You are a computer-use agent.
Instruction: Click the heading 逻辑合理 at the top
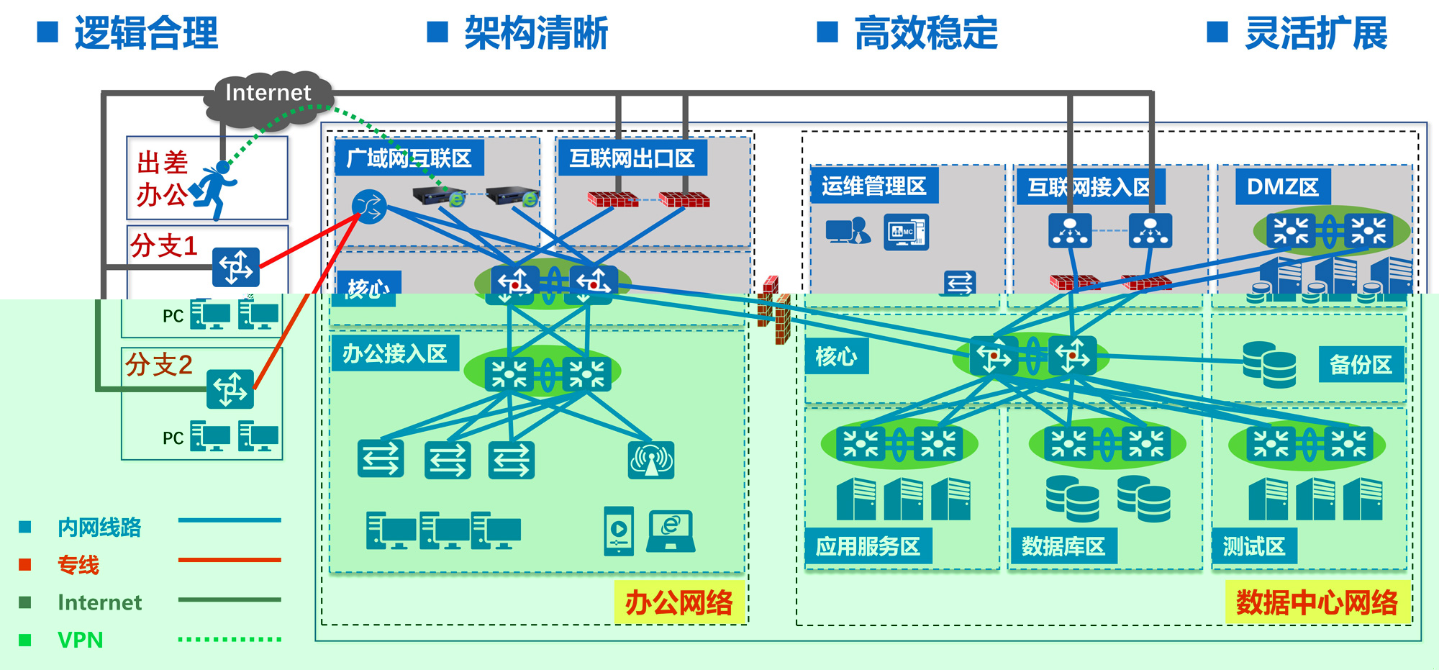click(x=146, y=33)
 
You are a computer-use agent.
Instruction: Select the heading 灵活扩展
click(x=1316, y=33)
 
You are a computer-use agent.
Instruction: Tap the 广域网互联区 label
click(x=409, y=158)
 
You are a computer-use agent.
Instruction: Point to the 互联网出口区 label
click(x=632, y=158)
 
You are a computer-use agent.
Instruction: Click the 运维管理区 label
click(x=873, y=186)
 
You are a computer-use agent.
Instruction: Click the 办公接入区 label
click(x=394, y=353)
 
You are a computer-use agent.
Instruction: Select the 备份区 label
click(x=1360, y=365)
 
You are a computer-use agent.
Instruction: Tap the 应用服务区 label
click(x=868, y=547)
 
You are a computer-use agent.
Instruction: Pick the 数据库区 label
click(x=1063, y=547)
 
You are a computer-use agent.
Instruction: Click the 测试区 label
click(x=1253, y=547)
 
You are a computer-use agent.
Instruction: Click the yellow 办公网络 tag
click(x=678, y=602)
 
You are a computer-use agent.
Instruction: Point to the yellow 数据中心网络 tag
click(x=1317, y=602)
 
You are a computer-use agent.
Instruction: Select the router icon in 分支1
click(x=236, y=267)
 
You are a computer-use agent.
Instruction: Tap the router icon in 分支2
click(x=230, y=389)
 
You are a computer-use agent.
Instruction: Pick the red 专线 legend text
click(x=78, y=565)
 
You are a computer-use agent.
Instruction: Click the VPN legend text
click(x=81, y=640)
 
